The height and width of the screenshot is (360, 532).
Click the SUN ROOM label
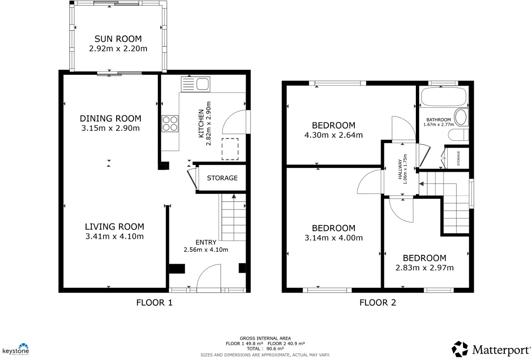click(118, 39)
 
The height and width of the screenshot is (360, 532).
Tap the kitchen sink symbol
click(195, 84)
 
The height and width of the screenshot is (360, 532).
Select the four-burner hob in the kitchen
click(170, 124)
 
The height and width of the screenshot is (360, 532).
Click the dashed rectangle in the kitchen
click(230, 149)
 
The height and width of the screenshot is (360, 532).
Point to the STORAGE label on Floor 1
click(222, 178)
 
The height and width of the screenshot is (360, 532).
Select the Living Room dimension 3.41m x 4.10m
click(114, 236)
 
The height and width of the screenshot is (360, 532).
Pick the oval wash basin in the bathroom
click(461, 117)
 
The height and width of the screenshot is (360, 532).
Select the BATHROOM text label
click(439, 119)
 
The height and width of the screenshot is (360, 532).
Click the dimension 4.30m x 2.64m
click(333, 135)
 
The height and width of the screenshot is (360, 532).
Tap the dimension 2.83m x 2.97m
click(424, 267)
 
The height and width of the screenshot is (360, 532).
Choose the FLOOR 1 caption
click(154, 302)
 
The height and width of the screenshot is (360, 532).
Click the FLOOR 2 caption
click(378, 302)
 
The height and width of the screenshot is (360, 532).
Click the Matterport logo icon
click(460, 349)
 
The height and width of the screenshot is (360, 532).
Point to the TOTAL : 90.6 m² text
click(265, 349)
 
